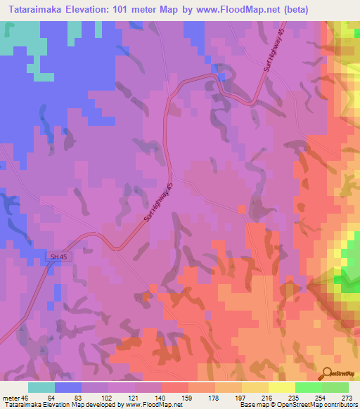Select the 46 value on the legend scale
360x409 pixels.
coord(26,398)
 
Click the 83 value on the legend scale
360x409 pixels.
coord(79,398)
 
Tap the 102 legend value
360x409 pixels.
coord(105,398)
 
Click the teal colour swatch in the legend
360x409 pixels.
coord(41,387)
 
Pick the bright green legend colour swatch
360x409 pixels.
coord(309,387)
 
